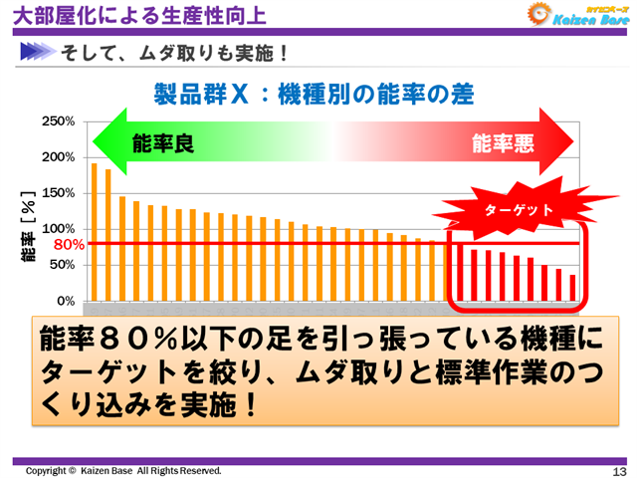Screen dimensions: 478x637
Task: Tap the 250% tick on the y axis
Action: click(x=57, y=121)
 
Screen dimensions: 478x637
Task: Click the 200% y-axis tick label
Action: click(x=57, y=157)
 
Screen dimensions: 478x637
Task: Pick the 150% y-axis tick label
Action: click(x=57, y=193)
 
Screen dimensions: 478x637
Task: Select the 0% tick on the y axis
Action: click(x=64, y=300)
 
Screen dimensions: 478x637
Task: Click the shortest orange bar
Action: click(x=572, y=288)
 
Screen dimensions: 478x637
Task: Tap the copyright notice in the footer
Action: click(x=123, y=470)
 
